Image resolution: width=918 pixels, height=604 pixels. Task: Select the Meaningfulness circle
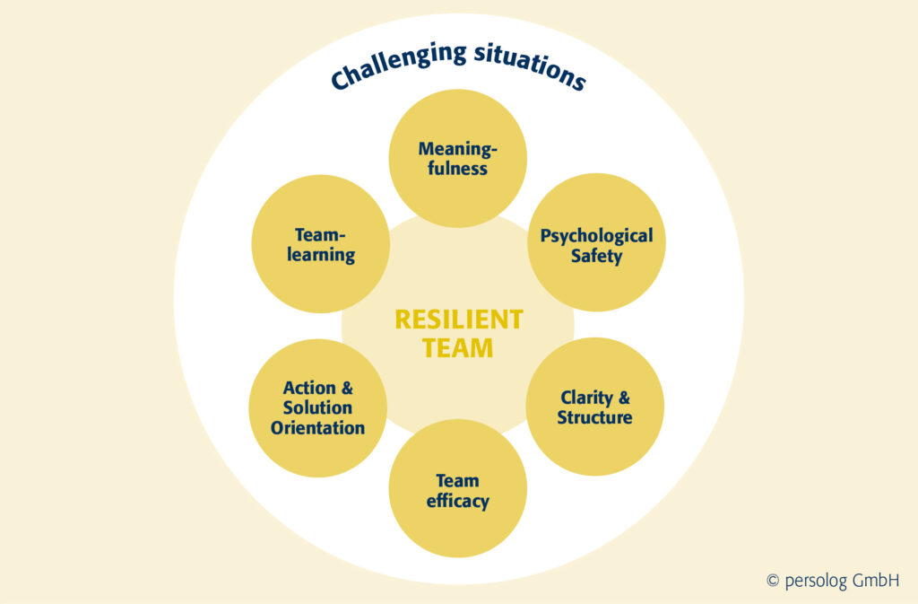click(x=457, y=158)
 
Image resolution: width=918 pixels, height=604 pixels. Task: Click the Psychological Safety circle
click(x=596, y=244)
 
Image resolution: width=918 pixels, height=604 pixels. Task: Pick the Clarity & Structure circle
click(x=594, y=407)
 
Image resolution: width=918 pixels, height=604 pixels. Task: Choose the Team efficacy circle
click(x=457, y=490)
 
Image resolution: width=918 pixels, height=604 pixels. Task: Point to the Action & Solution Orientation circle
click(x=318, y=407)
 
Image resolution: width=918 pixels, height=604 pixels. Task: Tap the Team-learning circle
click(x=321, y=244)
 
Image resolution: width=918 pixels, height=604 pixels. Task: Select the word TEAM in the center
click(x=458, y=348)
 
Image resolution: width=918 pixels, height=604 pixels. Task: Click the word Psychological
click(x=596, y=236)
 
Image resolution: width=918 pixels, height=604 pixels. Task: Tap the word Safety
click(x=596, y=256)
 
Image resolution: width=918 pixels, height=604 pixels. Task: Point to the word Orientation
click(x=318, y=428)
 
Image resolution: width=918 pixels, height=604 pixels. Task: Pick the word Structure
click(x=594, y=417)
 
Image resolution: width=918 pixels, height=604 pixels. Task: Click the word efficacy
click(x=457, y=501)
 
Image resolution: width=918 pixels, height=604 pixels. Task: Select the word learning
click(x=321, y=255)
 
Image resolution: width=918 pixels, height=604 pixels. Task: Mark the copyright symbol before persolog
click(x=773, y=582)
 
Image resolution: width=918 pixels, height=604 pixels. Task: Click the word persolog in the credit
click(x=816, y=582)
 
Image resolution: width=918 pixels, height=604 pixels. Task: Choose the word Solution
click(x=318, y=408)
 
